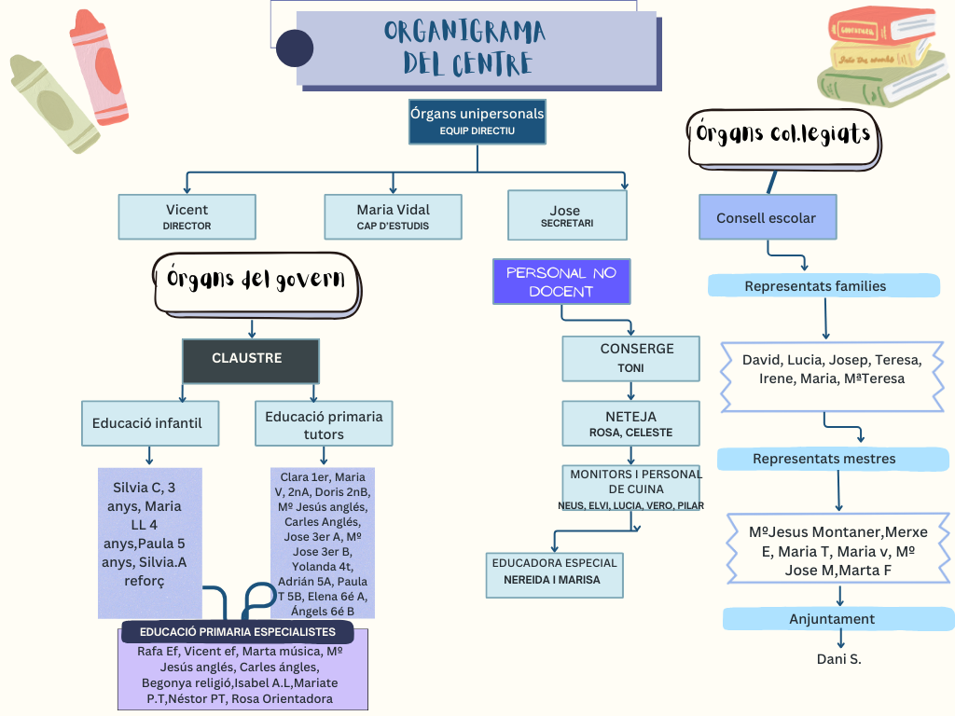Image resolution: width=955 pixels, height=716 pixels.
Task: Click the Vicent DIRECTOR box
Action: coord(187,216)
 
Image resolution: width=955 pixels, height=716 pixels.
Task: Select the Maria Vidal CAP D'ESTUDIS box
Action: coord(393,216)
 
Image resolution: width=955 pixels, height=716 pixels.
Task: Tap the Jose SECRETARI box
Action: coord(567,215)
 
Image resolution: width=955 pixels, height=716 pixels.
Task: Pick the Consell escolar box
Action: coord(768,217)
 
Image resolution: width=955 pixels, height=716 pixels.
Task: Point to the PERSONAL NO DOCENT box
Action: coord(561,282)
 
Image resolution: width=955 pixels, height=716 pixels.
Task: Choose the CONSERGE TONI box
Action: coord(630,358)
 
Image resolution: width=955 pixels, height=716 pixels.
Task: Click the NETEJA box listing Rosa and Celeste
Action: coord(630,423)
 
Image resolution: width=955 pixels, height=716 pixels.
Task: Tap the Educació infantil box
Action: coord(148,423)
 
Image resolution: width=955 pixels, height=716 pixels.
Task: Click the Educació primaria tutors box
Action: coord(324,423)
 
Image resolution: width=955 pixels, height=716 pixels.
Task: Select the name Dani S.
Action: coord(838,659)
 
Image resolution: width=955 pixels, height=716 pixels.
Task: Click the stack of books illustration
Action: coord(883,58)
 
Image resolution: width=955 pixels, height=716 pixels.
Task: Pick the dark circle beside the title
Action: coord(295,48)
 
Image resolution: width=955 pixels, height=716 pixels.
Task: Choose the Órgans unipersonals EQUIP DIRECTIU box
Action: coord(477,122)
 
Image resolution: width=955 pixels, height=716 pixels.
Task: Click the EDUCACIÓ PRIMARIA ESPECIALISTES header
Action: coord(237,631)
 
